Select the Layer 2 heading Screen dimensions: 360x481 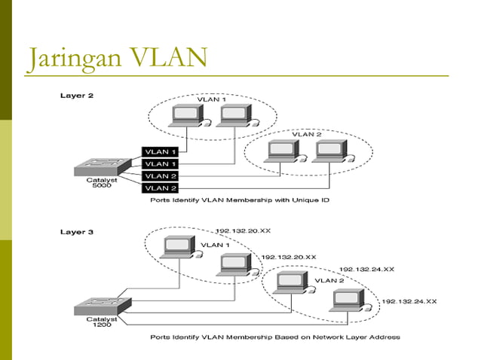click(76, 96)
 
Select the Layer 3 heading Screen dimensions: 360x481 click(76, 232)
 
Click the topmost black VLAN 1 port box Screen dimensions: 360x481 click(161, 151)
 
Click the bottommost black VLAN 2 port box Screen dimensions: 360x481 click(161, 188)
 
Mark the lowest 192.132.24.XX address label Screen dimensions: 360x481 click(409, 301)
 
